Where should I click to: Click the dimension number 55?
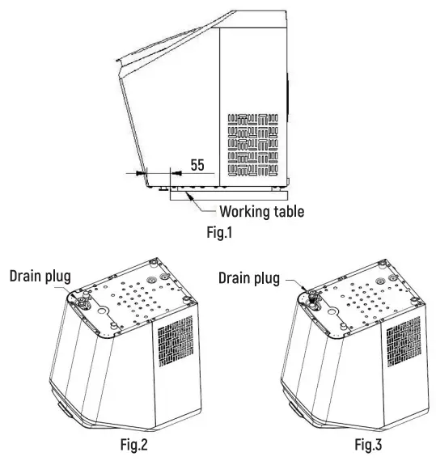(197, 165)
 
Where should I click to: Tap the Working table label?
(262, 211)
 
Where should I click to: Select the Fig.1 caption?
(219, 232)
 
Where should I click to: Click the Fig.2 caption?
(134, 444)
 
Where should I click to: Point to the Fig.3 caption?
(368, 444)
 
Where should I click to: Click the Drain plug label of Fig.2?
(40, 277)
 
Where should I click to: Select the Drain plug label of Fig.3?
(249, 278)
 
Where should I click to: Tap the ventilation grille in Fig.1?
(253, 145)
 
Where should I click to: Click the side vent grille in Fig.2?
(176, 341)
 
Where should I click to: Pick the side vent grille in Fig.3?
(404, 341)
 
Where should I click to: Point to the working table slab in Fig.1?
(229, 196)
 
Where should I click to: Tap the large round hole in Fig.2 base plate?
(102, 311)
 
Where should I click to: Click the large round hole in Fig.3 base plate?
(332, 311)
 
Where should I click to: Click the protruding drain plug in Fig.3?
(312, 298)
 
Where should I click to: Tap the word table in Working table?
(289, 211)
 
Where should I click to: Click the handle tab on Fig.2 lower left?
(65, 410)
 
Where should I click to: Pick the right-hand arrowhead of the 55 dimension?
(176, 173)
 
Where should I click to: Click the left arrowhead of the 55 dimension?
(141, 173)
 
